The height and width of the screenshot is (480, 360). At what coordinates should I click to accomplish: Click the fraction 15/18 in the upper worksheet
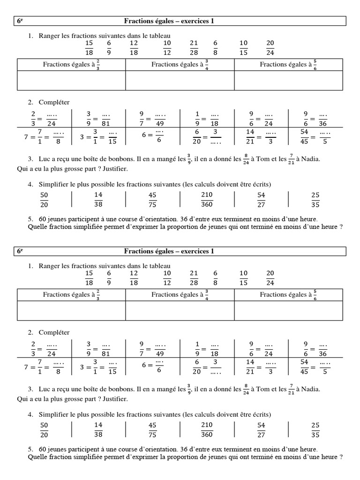coord(89,47)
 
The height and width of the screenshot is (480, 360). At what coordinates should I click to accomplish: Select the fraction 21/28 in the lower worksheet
coord(194,277)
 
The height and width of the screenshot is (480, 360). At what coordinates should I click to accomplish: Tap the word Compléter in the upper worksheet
coord(54,102)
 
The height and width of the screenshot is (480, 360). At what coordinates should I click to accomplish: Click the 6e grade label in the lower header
coord(20,251)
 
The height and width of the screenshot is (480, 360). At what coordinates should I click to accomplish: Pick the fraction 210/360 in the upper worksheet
coord(207,199)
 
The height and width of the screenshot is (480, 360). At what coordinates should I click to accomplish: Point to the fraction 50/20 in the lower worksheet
coord(45,429)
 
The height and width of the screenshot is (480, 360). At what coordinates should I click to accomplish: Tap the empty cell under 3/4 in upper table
coord(180,80)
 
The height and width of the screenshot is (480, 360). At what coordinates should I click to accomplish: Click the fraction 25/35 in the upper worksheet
coord(315,199)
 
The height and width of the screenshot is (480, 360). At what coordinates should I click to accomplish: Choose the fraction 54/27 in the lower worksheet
coord(261,429)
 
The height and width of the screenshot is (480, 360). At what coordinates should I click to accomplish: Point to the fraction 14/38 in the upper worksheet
coord(98,199)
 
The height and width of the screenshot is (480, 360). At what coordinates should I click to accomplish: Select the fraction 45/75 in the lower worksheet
coord(152,429)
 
